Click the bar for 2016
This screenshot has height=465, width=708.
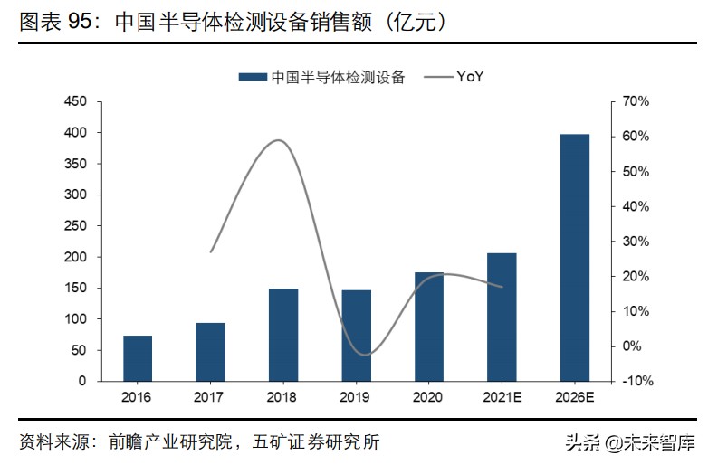138,358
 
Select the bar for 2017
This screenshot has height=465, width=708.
211,352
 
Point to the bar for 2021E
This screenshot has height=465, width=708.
502,317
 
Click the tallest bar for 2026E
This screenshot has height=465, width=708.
575,258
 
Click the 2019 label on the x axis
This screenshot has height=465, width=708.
357,397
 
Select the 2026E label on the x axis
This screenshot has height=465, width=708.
575,397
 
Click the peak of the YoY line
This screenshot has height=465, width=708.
279,140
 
